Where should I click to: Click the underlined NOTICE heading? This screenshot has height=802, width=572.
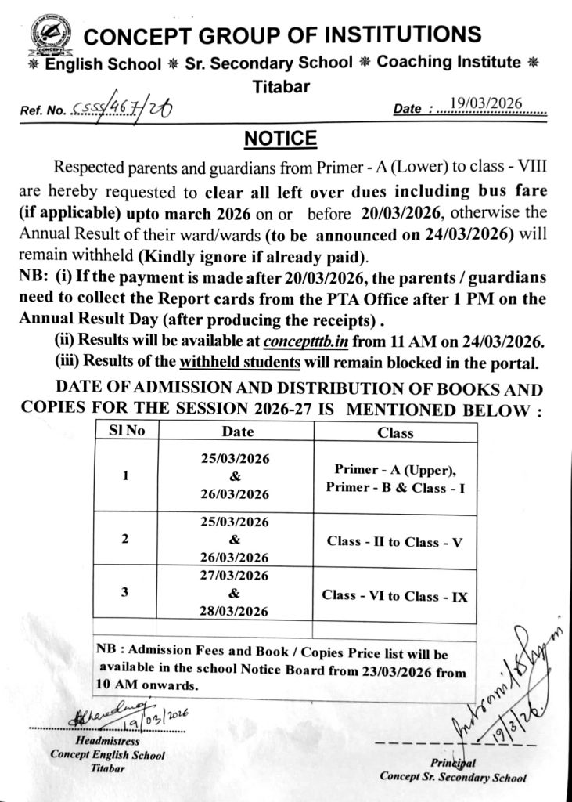point(280,139)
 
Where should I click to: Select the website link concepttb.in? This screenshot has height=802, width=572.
point(308,341)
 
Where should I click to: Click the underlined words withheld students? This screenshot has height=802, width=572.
point(239,362)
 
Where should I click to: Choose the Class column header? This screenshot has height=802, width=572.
point(395,432)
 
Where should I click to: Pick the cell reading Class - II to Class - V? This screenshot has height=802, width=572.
point(395,541)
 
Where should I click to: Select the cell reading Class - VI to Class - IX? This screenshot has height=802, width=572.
point(395,596)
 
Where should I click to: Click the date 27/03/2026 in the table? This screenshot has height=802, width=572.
point(236,576)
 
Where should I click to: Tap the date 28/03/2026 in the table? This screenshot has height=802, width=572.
point(236,611)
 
